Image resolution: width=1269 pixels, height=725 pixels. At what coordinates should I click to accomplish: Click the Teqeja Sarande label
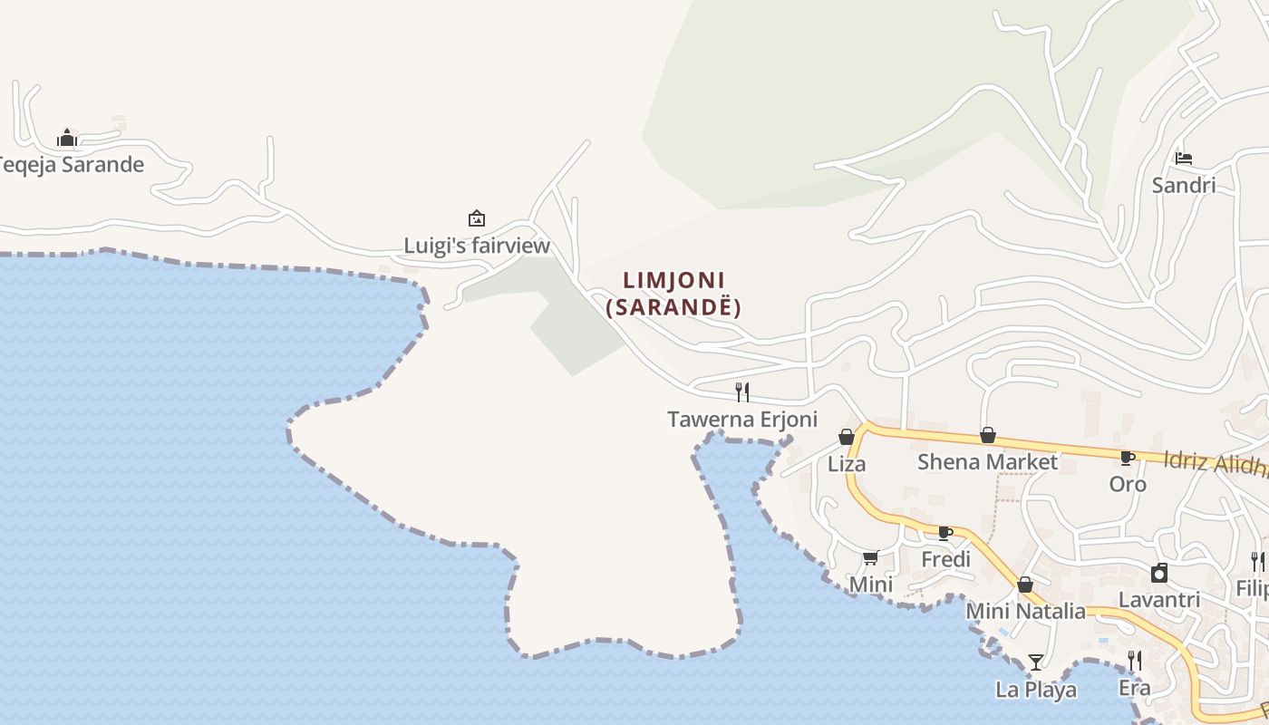pos(71,165)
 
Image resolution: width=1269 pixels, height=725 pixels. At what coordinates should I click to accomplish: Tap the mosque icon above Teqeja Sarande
pos(66,138)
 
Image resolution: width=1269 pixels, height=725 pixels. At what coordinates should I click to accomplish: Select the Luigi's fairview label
pos(477,246)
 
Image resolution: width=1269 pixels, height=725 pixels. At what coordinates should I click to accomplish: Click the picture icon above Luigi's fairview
pos(476,218)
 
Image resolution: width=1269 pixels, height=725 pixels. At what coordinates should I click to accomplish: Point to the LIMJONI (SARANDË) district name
pos(674,294)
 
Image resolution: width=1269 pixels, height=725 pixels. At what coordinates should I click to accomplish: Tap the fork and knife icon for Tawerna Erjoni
pos(742,391)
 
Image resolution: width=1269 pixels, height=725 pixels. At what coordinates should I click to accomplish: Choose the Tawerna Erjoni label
pos(742,420)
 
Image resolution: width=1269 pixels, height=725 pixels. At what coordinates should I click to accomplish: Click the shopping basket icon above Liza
pos(847,437)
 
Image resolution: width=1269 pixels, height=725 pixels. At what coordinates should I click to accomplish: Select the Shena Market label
pos(987,462)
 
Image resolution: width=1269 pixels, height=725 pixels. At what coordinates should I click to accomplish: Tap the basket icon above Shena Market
pos(988,435)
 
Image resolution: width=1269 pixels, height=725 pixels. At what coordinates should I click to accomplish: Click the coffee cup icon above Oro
pos(1128,458)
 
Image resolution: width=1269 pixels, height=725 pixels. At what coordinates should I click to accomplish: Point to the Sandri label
pos(1184,186)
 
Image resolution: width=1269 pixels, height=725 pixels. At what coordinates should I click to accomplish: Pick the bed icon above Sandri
pos(1184,159)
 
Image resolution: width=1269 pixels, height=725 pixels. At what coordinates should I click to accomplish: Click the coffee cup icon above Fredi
pos(945,533)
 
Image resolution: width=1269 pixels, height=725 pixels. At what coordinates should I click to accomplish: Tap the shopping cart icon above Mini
pos(871,557)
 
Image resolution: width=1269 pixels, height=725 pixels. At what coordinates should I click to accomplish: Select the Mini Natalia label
pos(1025,612)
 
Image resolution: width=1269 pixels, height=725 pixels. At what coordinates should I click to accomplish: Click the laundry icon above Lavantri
pos(1159,573)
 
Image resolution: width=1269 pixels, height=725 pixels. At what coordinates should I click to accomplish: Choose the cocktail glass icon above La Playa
pos(1036,662)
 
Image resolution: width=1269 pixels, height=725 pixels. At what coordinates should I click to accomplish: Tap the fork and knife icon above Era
pos(1134,661)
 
